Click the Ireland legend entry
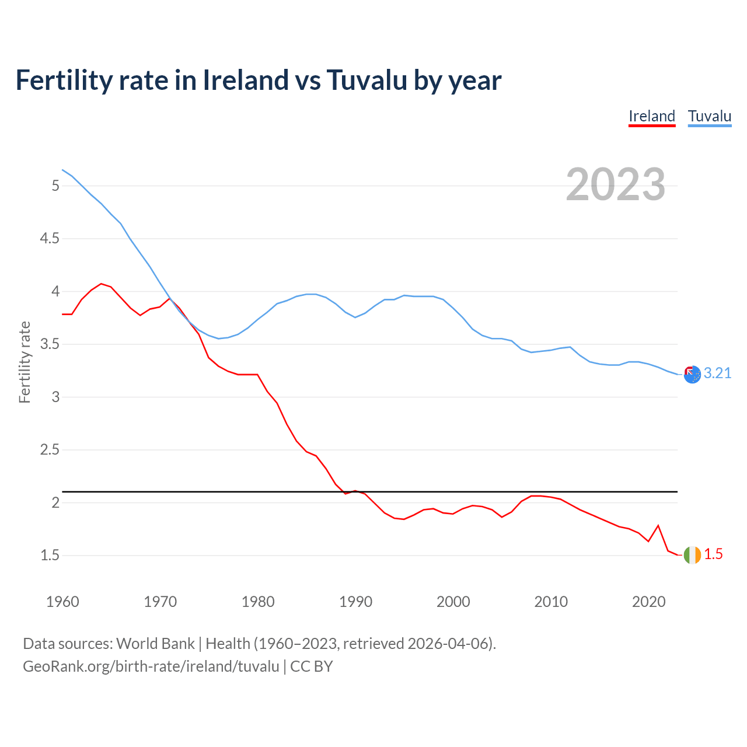point(651,116)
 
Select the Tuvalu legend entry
point(709,116)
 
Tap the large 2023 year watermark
point(616,184)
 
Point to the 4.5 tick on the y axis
point(50,239)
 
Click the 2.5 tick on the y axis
point(50,450)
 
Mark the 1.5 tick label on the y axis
point(50,556)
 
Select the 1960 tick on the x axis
point(62,602)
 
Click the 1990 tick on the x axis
point(355,602)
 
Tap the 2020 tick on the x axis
point(648,602)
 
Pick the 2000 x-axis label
point(453,602)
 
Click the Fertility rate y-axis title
point(25,362)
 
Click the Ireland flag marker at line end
point(692,555)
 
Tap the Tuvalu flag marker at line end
point(692,375)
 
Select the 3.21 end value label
point(717,373)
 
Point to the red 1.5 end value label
point(713,554)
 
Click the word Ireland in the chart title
point(246,80)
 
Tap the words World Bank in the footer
point(155,644)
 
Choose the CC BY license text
point(311,666)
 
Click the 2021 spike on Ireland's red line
point(658,526)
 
